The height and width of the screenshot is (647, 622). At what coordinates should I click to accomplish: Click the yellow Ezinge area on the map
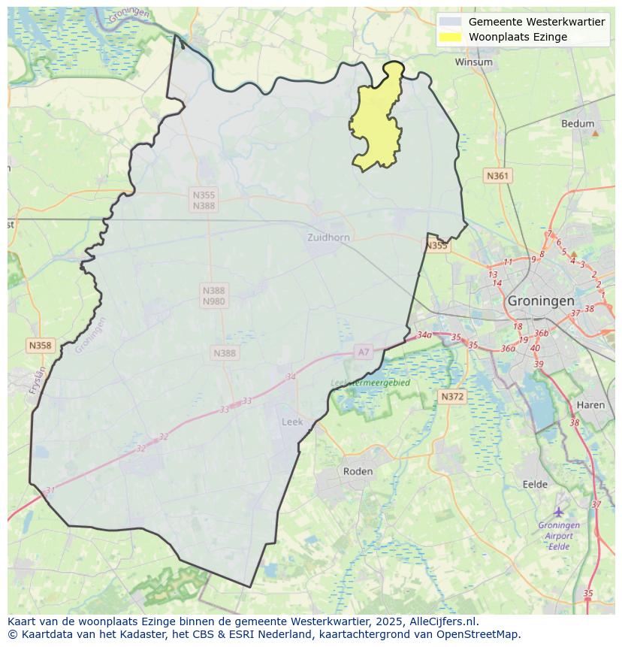tap(376, 124)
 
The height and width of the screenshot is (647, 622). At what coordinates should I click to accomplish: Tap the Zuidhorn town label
tap(328, 237)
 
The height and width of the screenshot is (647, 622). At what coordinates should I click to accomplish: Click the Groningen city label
tap(541, 300)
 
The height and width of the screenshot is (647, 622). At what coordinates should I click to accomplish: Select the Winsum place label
tap(473, 62)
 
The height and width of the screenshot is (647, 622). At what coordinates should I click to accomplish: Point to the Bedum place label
tap(578, 124)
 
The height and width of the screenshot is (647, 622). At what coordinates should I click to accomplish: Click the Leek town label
tap(292, 422)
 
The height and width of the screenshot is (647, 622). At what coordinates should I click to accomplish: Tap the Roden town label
tap(358, 471)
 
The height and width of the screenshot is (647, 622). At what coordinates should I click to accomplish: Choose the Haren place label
tap(590, 405)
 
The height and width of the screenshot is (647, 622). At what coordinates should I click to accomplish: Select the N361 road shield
tap(497, 176)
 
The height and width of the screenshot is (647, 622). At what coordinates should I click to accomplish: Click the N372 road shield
tap(452, 396)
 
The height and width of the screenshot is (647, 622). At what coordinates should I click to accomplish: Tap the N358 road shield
tap(40, 346)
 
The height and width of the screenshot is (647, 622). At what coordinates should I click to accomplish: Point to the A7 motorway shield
tap(364, 352)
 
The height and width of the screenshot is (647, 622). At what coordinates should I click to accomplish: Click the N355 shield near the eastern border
tap(436, 246)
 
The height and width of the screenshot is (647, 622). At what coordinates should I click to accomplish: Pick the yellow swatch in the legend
tap(451, 37)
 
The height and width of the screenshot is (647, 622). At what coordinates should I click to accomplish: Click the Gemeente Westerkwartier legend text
tap(536, 22)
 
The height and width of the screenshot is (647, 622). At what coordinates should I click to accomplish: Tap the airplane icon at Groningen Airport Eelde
tap(559, 512)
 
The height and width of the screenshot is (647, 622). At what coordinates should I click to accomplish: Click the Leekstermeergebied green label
tap(370, 382)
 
